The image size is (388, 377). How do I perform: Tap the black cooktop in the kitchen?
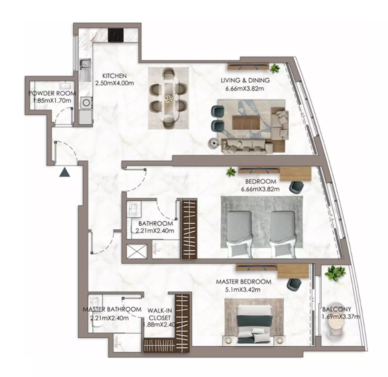(x=116, y=35)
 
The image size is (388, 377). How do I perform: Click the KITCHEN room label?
(x=114, y=76)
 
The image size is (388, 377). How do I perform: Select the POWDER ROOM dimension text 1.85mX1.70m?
(x=52, y=101)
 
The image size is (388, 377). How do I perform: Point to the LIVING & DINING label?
(x=245, y=80)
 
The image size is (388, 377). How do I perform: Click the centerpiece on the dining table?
(x=168, y=99)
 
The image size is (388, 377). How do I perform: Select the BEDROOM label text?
(x=261, y=181)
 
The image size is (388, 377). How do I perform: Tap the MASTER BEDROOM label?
(x=243, y=281)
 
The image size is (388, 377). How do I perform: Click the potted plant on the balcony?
(x=335, y=273)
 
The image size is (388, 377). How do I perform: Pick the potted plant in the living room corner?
(x=274, y=68)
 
